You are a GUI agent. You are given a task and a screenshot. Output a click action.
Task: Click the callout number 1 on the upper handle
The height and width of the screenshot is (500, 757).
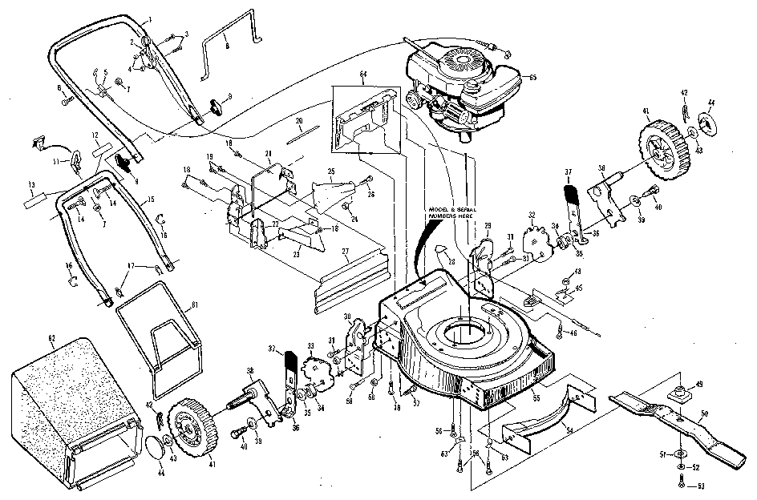click(151, 18)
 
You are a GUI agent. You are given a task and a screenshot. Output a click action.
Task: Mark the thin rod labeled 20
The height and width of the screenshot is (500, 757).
click(306, 133)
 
